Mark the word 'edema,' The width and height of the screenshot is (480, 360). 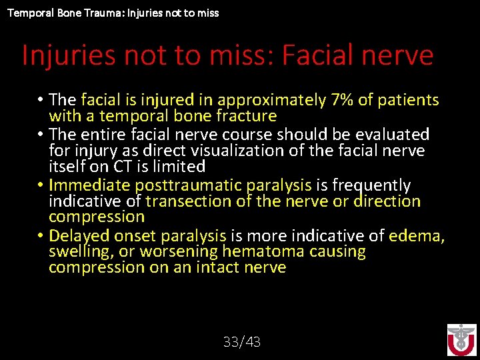click(417, 235)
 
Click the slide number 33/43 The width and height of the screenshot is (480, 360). click(241, 342)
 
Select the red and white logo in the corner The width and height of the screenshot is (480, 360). click(461, 340)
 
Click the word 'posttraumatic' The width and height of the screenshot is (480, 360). click(197, 185)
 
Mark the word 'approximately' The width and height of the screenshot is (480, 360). click(271, 100)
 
